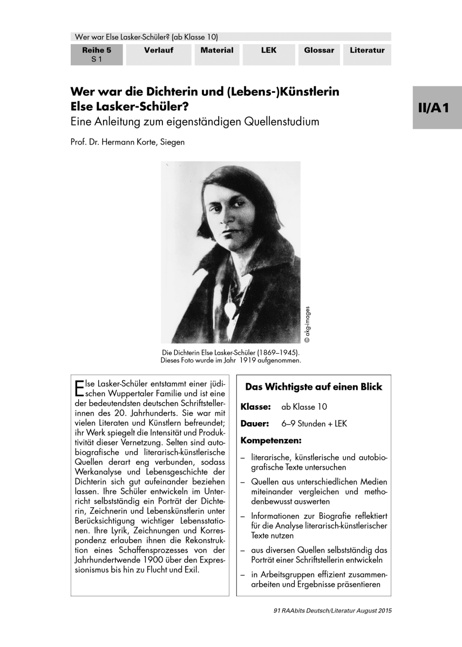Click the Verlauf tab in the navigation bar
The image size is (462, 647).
(159, 51)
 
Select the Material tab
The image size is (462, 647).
(217, 51)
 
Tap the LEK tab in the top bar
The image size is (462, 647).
(268, 51)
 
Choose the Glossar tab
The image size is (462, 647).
(319, 51)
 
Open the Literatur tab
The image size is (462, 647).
(367, 51)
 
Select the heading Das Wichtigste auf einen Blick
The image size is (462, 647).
(314, 387)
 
